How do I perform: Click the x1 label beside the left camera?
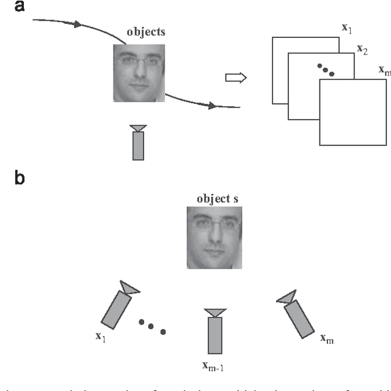(x=100, y=337)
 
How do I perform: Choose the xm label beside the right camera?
(x=327, y=337)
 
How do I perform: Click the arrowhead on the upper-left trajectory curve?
(x=76, y=25)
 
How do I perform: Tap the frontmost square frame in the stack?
(x=354, y=112)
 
